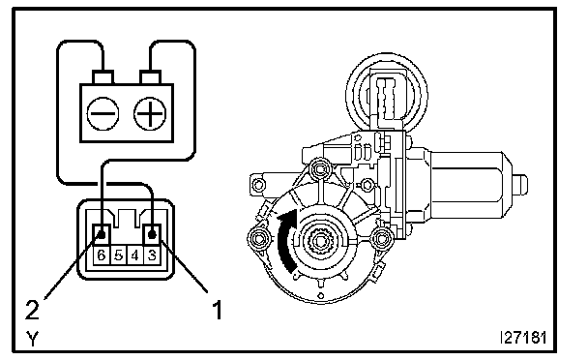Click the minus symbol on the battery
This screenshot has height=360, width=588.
[103, 113]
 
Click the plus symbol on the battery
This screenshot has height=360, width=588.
[150, 113]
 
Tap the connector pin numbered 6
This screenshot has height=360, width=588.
[102, 255]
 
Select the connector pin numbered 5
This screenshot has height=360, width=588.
[119, 255]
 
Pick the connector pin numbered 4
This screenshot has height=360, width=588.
[135, 255]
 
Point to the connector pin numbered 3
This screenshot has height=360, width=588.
[152, 255]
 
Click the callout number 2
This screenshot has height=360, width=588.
[32, 310]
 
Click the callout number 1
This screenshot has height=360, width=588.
[218, 310]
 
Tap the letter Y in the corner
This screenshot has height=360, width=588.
[33, 339]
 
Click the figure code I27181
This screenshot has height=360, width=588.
[523, 338]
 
